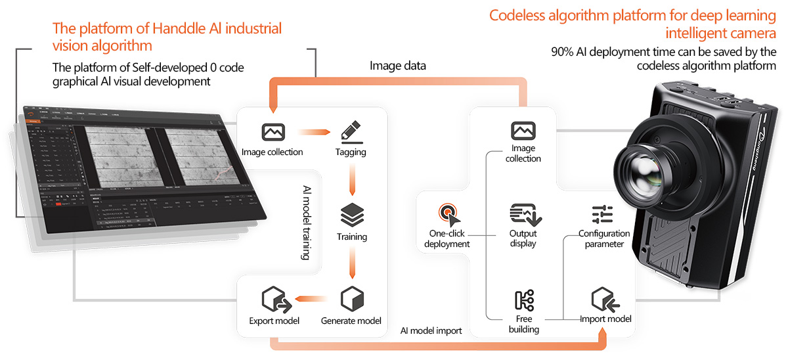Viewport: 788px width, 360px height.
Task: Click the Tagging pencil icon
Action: click(x=352, y=131)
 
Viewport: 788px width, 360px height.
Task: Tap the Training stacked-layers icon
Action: click(x=352, y=215)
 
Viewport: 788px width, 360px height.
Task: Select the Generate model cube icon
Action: click(x=352, y=300)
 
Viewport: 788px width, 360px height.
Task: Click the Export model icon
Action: click(x=274, y=300)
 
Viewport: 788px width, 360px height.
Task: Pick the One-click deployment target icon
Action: click(x=447, y=214)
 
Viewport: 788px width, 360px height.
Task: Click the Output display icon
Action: click(x=523, y=214)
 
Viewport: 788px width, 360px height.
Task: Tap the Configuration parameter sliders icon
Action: click(x=602, y=215)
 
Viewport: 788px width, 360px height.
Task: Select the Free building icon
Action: click(x=524, y=300)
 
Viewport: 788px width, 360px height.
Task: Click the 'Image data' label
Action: click(x=398, y=66)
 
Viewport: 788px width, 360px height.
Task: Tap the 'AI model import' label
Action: click(x=431, y=330)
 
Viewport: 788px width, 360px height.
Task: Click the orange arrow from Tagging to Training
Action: click(x=352, y=179)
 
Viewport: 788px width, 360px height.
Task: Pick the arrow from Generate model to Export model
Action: click(x=312, y=300)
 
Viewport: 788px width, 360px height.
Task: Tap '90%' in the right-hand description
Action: click(x=563, y=52)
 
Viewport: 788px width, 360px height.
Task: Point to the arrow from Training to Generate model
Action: click(x=352, y=263)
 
